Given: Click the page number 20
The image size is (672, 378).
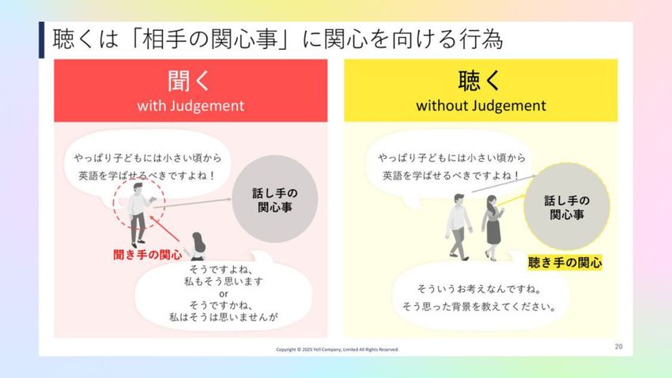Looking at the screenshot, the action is pyautogui.click(x=618, y=346).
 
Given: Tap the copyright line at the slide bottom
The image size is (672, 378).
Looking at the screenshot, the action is pyautogui.click(x=338, y=350).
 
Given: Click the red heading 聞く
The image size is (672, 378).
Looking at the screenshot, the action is pyautogui.click(x=189, y=81).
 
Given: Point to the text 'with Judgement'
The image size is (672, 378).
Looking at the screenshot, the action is pyautogui.click(x=191, y=105).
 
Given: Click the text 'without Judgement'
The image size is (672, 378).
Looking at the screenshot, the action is pyautogui.click(x=481, y=105).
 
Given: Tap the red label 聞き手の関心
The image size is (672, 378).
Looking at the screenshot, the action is pyautogui.click(x=148, y=255).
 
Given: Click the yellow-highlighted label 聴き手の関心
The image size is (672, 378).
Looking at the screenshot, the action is pyautogui.click(x=564, y=263).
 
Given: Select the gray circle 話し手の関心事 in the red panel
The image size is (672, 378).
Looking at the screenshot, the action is pyautogui.click(x=274, y=198).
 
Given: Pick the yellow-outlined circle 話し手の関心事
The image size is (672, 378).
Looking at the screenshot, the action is pyautogui.click(x=567, y=206).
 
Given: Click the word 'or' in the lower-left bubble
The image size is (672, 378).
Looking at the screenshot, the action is pyautogui.click(x=223, y=294).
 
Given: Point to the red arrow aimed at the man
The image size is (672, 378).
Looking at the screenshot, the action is pyautogui.click(x=164, y=229).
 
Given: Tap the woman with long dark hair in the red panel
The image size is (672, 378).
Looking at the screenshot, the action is pyautogui.click(x=197, y=247).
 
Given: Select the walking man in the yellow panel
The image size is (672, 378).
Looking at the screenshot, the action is pyautogui.click(x=459, y=227).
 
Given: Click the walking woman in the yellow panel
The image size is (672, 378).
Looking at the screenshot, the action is pyautogui.click(x=493, y=228).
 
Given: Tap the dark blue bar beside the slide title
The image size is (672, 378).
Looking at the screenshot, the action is pyautogui.click(x=42, y=40).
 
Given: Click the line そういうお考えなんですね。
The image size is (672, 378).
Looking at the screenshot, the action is pyautogui.click(x=479, y=289).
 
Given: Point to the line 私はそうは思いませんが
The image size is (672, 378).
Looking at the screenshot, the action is pyautogui.click(x=223, y=317).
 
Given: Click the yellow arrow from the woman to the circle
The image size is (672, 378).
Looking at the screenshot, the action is pyautogui.click(x=512, y=200).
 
